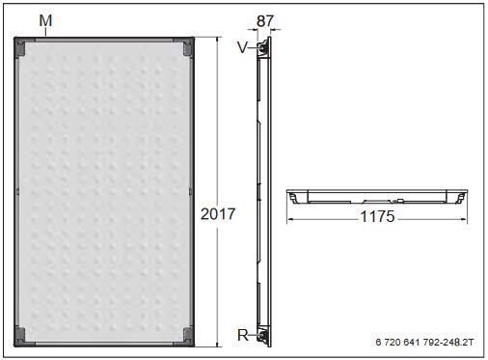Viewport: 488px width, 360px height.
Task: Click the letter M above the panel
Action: (x=45, y=21)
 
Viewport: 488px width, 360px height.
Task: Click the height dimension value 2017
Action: (x=218, y=214)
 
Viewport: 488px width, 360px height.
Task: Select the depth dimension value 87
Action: (x=265, y=21)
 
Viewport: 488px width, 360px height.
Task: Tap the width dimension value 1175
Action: (x=377, y=216)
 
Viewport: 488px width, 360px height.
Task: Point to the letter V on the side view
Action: (x=243, y=47)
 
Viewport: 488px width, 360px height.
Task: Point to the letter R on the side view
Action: (x=243, y=335)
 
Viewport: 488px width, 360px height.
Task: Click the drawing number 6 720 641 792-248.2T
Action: (x=424, y=342)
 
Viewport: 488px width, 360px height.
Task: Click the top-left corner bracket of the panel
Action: (x=20, y=47)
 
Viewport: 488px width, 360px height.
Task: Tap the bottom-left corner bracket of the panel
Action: (x=20, y=337)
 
